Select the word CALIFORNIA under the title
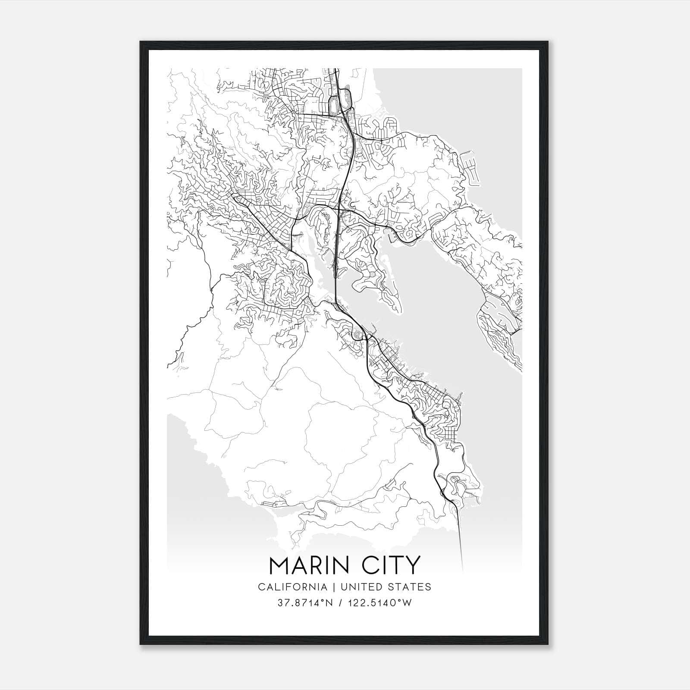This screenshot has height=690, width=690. click(x=292, y=586)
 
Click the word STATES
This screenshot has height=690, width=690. click(x=410, y=586)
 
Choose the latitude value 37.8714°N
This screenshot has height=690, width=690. click(x=305, y=603)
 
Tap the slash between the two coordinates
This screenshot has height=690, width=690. click(x=342, y=603)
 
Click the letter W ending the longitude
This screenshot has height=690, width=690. click(x=408, y=603)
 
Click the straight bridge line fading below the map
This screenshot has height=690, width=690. click(x=460, y=543)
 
